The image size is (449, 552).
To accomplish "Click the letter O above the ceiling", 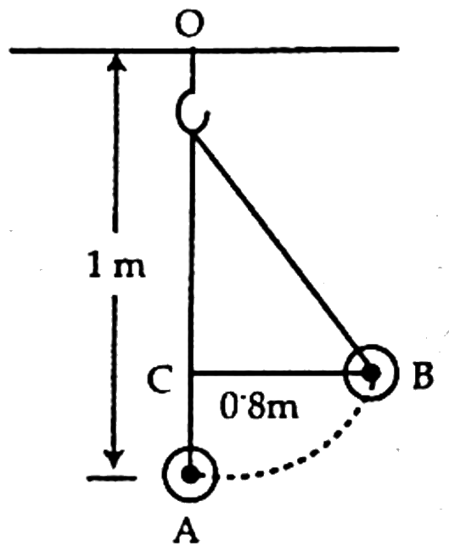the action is (190, 23).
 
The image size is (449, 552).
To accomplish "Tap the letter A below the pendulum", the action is (187, 532).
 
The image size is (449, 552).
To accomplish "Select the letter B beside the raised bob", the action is (422, 375).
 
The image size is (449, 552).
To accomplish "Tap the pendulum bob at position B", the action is (371, 373).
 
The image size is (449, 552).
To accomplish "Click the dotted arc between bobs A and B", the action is (306, 454).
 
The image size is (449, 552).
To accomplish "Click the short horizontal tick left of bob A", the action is (111, 478).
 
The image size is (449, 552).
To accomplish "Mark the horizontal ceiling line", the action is (204, 50).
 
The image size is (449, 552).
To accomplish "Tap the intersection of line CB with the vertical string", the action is (192, 373).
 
